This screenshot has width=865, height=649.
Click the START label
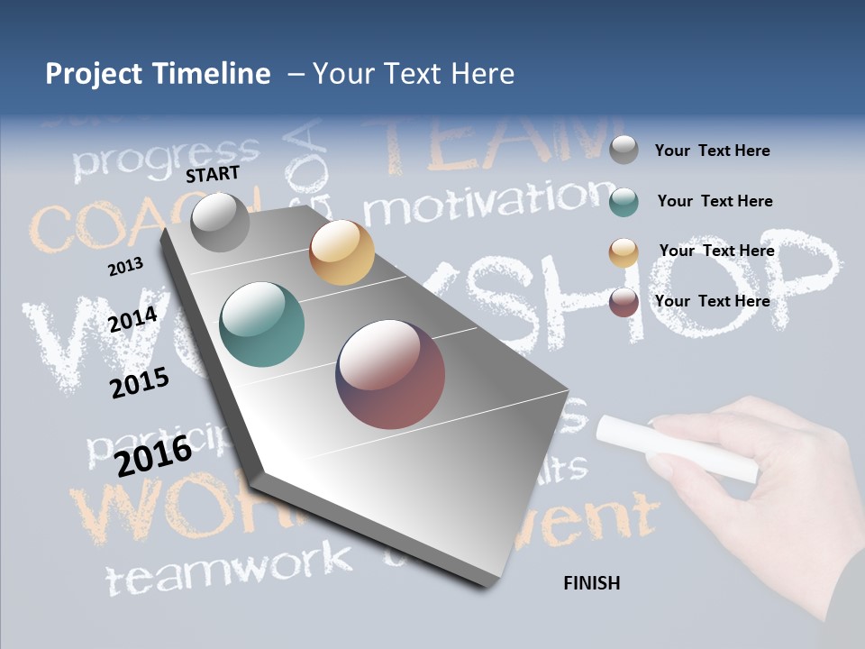point(213,174)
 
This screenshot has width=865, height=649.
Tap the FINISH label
point(592,583)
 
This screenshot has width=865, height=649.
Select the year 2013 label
point(125,267)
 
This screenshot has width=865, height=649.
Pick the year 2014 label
point(132,319)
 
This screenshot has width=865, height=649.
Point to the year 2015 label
point(140,383)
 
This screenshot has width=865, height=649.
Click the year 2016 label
point(153,455)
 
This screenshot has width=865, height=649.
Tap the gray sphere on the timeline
point(221,222)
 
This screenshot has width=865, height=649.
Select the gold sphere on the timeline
point(341,252)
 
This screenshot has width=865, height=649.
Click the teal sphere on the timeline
point(262,324)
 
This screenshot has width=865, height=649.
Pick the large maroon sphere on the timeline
point(390,374)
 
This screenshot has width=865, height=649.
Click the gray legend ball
point(624,150)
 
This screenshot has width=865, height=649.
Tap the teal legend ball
point(624,202)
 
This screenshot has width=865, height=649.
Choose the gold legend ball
point(624,252)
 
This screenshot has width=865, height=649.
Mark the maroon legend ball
point(624,302)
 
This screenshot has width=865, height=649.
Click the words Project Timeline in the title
point(158,74)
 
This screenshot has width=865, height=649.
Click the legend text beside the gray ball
point(712,151)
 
